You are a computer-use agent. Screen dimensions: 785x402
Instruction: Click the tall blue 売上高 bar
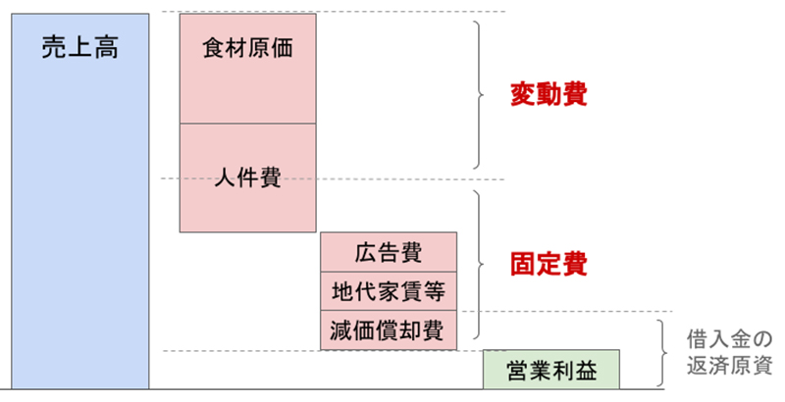coord(80,201)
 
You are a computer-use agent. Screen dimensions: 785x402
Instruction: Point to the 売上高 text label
coord(80,48)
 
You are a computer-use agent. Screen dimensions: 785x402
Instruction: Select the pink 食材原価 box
coord(248,69)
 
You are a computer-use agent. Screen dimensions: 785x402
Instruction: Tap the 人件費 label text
coord(248,177)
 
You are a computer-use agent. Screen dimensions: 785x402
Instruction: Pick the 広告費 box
coord(389,252)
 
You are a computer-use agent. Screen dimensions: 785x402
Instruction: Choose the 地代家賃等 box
coord(389,291)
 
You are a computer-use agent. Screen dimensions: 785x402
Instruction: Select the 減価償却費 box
coord(389,330)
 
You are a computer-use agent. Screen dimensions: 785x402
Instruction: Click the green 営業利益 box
coord(551,370)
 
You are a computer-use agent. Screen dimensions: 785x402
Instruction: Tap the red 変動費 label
coord(549,94)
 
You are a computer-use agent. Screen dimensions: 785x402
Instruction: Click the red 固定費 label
coord(549,264)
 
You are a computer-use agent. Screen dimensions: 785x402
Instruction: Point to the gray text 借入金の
coord(729,340)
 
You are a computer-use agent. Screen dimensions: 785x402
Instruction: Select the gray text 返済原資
coord(729,367)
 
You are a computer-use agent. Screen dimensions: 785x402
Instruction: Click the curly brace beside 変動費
coord(479,94)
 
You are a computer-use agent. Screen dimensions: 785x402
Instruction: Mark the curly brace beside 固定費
coord(479,264)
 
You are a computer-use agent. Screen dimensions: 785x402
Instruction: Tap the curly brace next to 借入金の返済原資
coord(662,353)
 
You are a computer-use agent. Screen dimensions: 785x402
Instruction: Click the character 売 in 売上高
coord(54,48)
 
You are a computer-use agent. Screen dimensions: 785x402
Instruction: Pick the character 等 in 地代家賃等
coord(434,291)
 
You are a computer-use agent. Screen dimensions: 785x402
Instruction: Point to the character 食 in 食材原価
coord(214,48)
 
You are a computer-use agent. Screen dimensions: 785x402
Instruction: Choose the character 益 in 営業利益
coord(586,371)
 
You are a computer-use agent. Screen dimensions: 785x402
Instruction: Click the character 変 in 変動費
coord(523,94)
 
